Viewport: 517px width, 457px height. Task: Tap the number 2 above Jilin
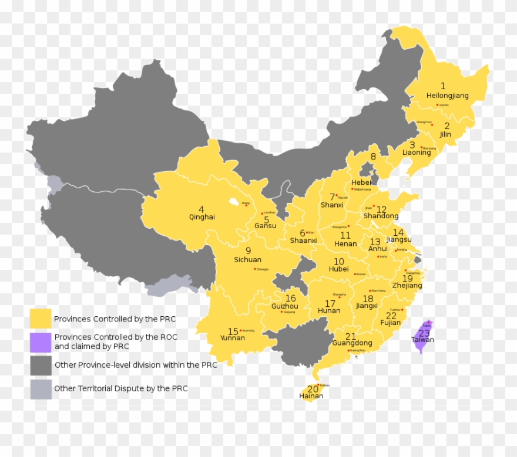click(446, 126)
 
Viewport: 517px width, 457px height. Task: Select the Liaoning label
click(417, 153)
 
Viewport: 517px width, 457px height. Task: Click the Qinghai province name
click(202, 217)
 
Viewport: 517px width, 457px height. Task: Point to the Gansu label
click(265, 226)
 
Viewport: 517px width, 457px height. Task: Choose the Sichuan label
click(247, 259)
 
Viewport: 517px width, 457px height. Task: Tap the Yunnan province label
click(232, 338)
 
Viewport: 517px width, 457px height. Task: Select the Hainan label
click(311, 396)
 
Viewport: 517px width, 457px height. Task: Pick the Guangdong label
click(352, 343)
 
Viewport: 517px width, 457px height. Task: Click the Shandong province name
click(381, 216)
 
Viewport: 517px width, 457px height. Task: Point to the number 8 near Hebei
click(373, 157)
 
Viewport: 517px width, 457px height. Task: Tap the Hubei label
click(338, 269)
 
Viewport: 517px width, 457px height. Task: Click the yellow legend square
click(41, 319)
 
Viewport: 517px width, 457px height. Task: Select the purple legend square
click(41, 342)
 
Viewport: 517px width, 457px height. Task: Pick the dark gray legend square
click(41, 365)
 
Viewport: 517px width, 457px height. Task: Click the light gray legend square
click(41, 388)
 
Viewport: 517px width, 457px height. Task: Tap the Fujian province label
click(390, 323)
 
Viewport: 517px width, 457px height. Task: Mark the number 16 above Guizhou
click(290, 299)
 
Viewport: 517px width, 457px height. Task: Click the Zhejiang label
click(407, 286)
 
